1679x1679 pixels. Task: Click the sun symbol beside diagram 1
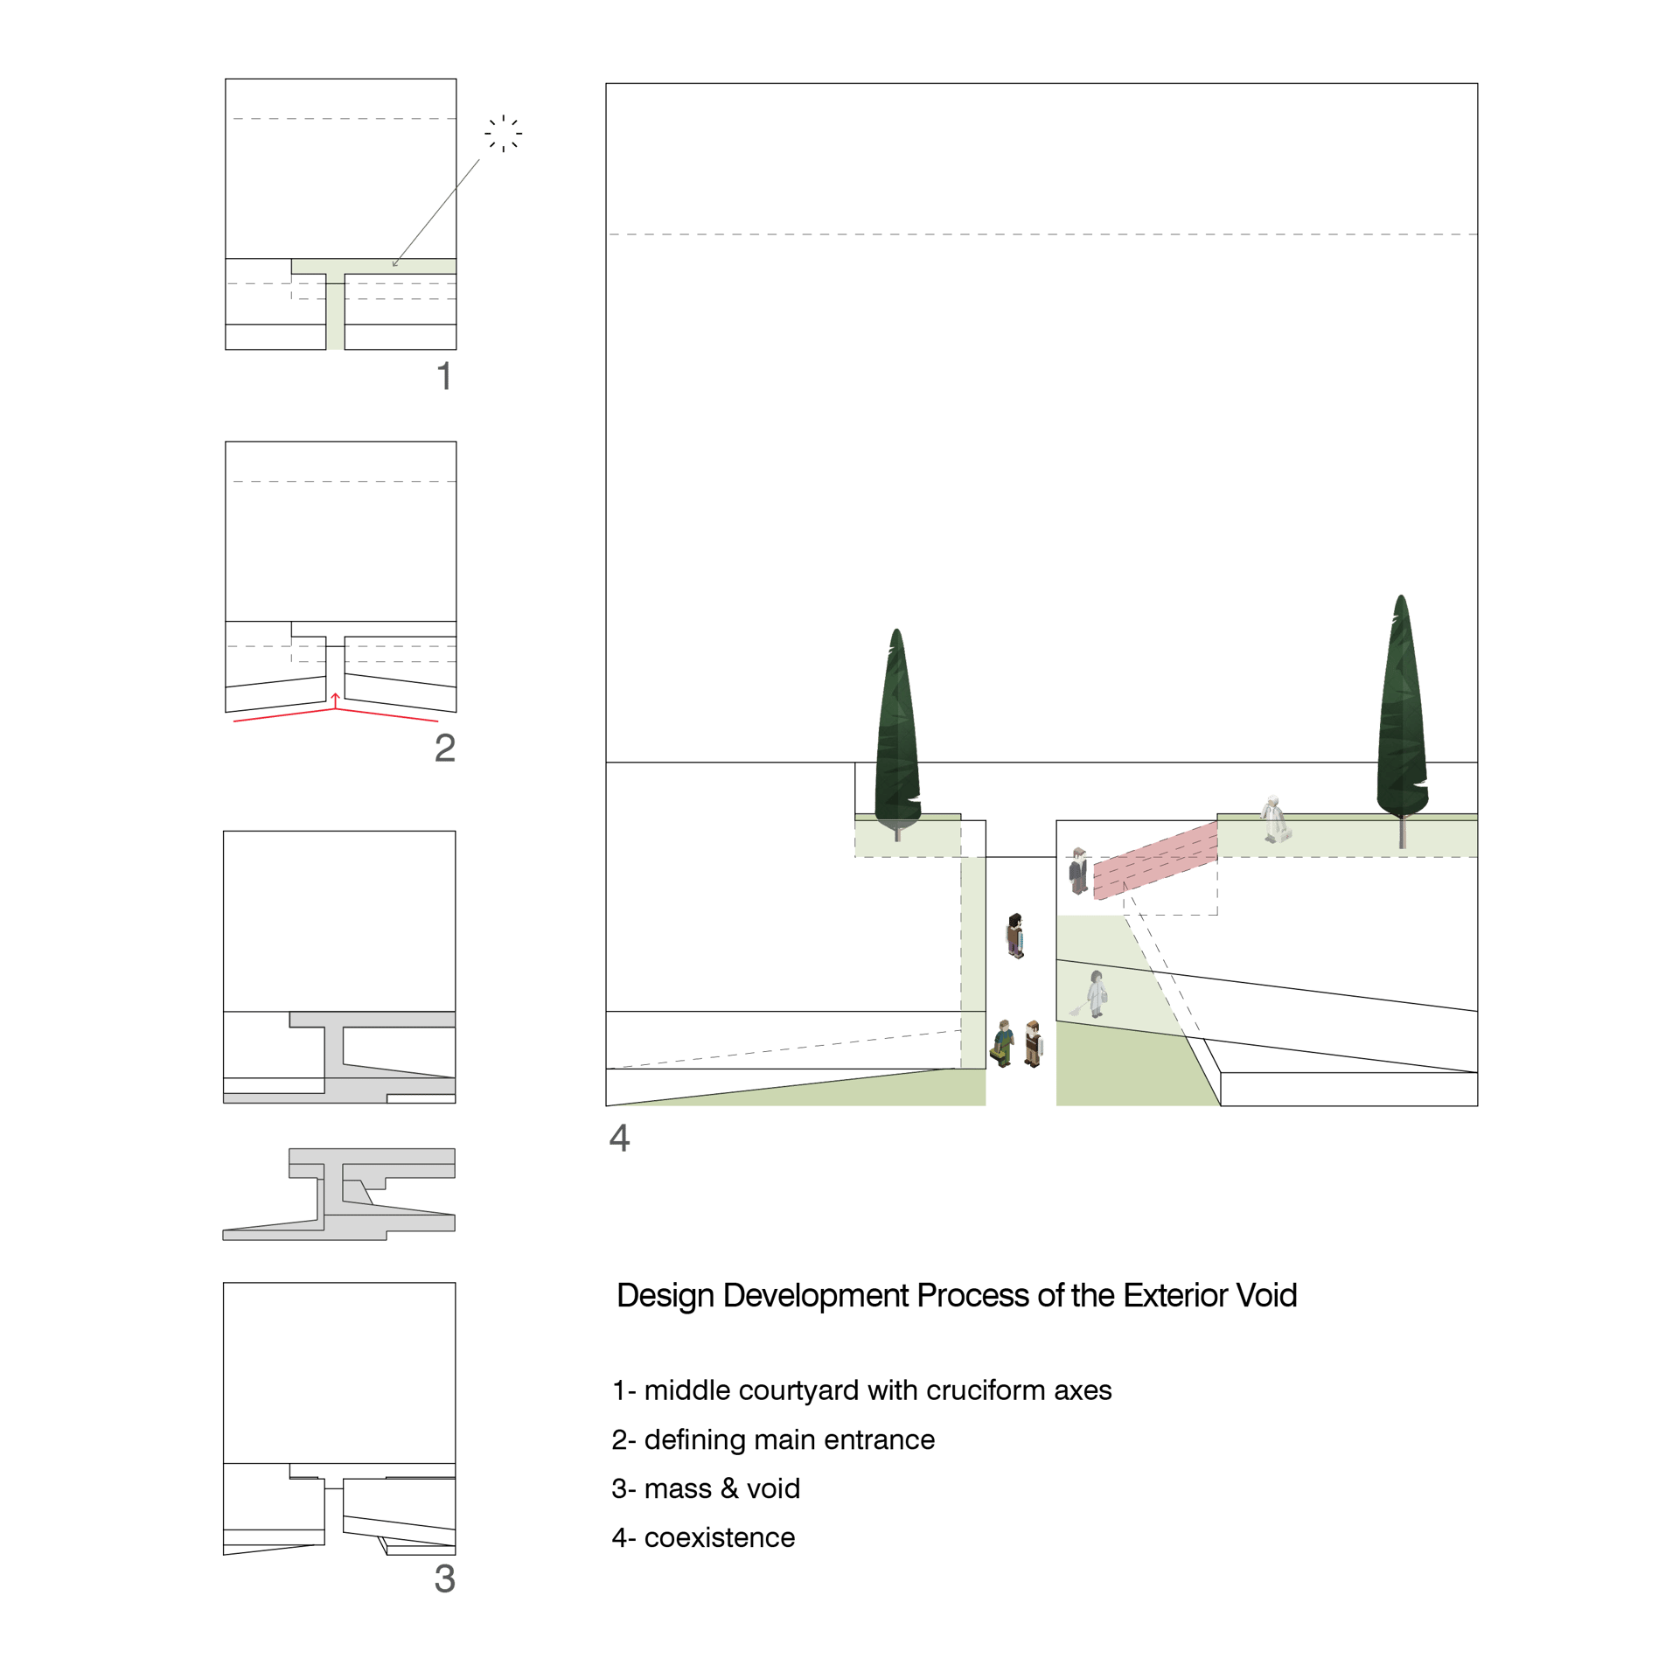(503, 134)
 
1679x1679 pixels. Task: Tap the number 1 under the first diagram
(444, 376)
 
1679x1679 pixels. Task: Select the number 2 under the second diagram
(444, 748)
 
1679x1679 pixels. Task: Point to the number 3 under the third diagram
(444, 1578)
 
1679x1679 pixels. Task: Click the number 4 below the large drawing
(619, 1138)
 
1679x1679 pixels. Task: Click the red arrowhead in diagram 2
(335, 697)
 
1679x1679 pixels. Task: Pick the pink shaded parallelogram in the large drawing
(1155, 860)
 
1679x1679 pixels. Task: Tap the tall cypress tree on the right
(1402, 721)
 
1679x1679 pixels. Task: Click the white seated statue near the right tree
(1274, 819)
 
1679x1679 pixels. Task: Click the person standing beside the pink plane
(1078, 871)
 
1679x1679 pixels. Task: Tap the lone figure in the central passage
(1014, 936)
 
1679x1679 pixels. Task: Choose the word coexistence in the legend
(720, 1537)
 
